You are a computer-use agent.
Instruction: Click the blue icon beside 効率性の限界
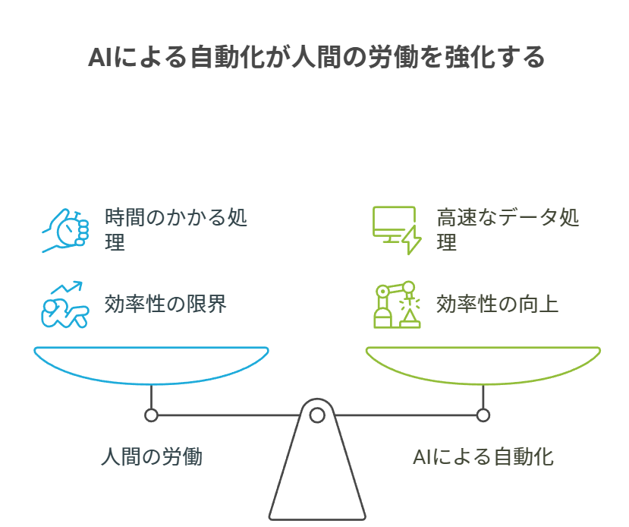65,305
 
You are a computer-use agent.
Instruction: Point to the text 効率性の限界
165,305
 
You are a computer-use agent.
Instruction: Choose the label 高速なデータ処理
508,230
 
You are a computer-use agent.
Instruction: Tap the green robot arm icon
397,305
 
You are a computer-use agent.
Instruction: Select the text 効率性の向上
497,305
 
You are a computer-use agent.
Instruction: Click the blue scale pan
152,364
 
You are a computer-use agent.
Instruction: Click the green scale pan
483,364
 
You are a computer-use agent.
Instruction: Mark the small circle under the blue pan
152,415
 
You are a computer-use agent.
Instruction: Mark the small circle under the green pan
483,415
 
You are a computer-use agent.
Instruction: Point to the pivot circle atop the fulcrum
317,415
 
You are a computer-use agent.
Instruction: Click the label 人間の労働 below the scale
152,458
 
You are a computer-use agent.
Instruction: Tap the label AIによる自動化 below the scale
483,458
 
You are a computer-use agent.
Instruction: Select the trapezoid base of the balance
317,478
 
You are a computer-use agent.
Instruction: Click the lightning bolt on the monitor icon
411,239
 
